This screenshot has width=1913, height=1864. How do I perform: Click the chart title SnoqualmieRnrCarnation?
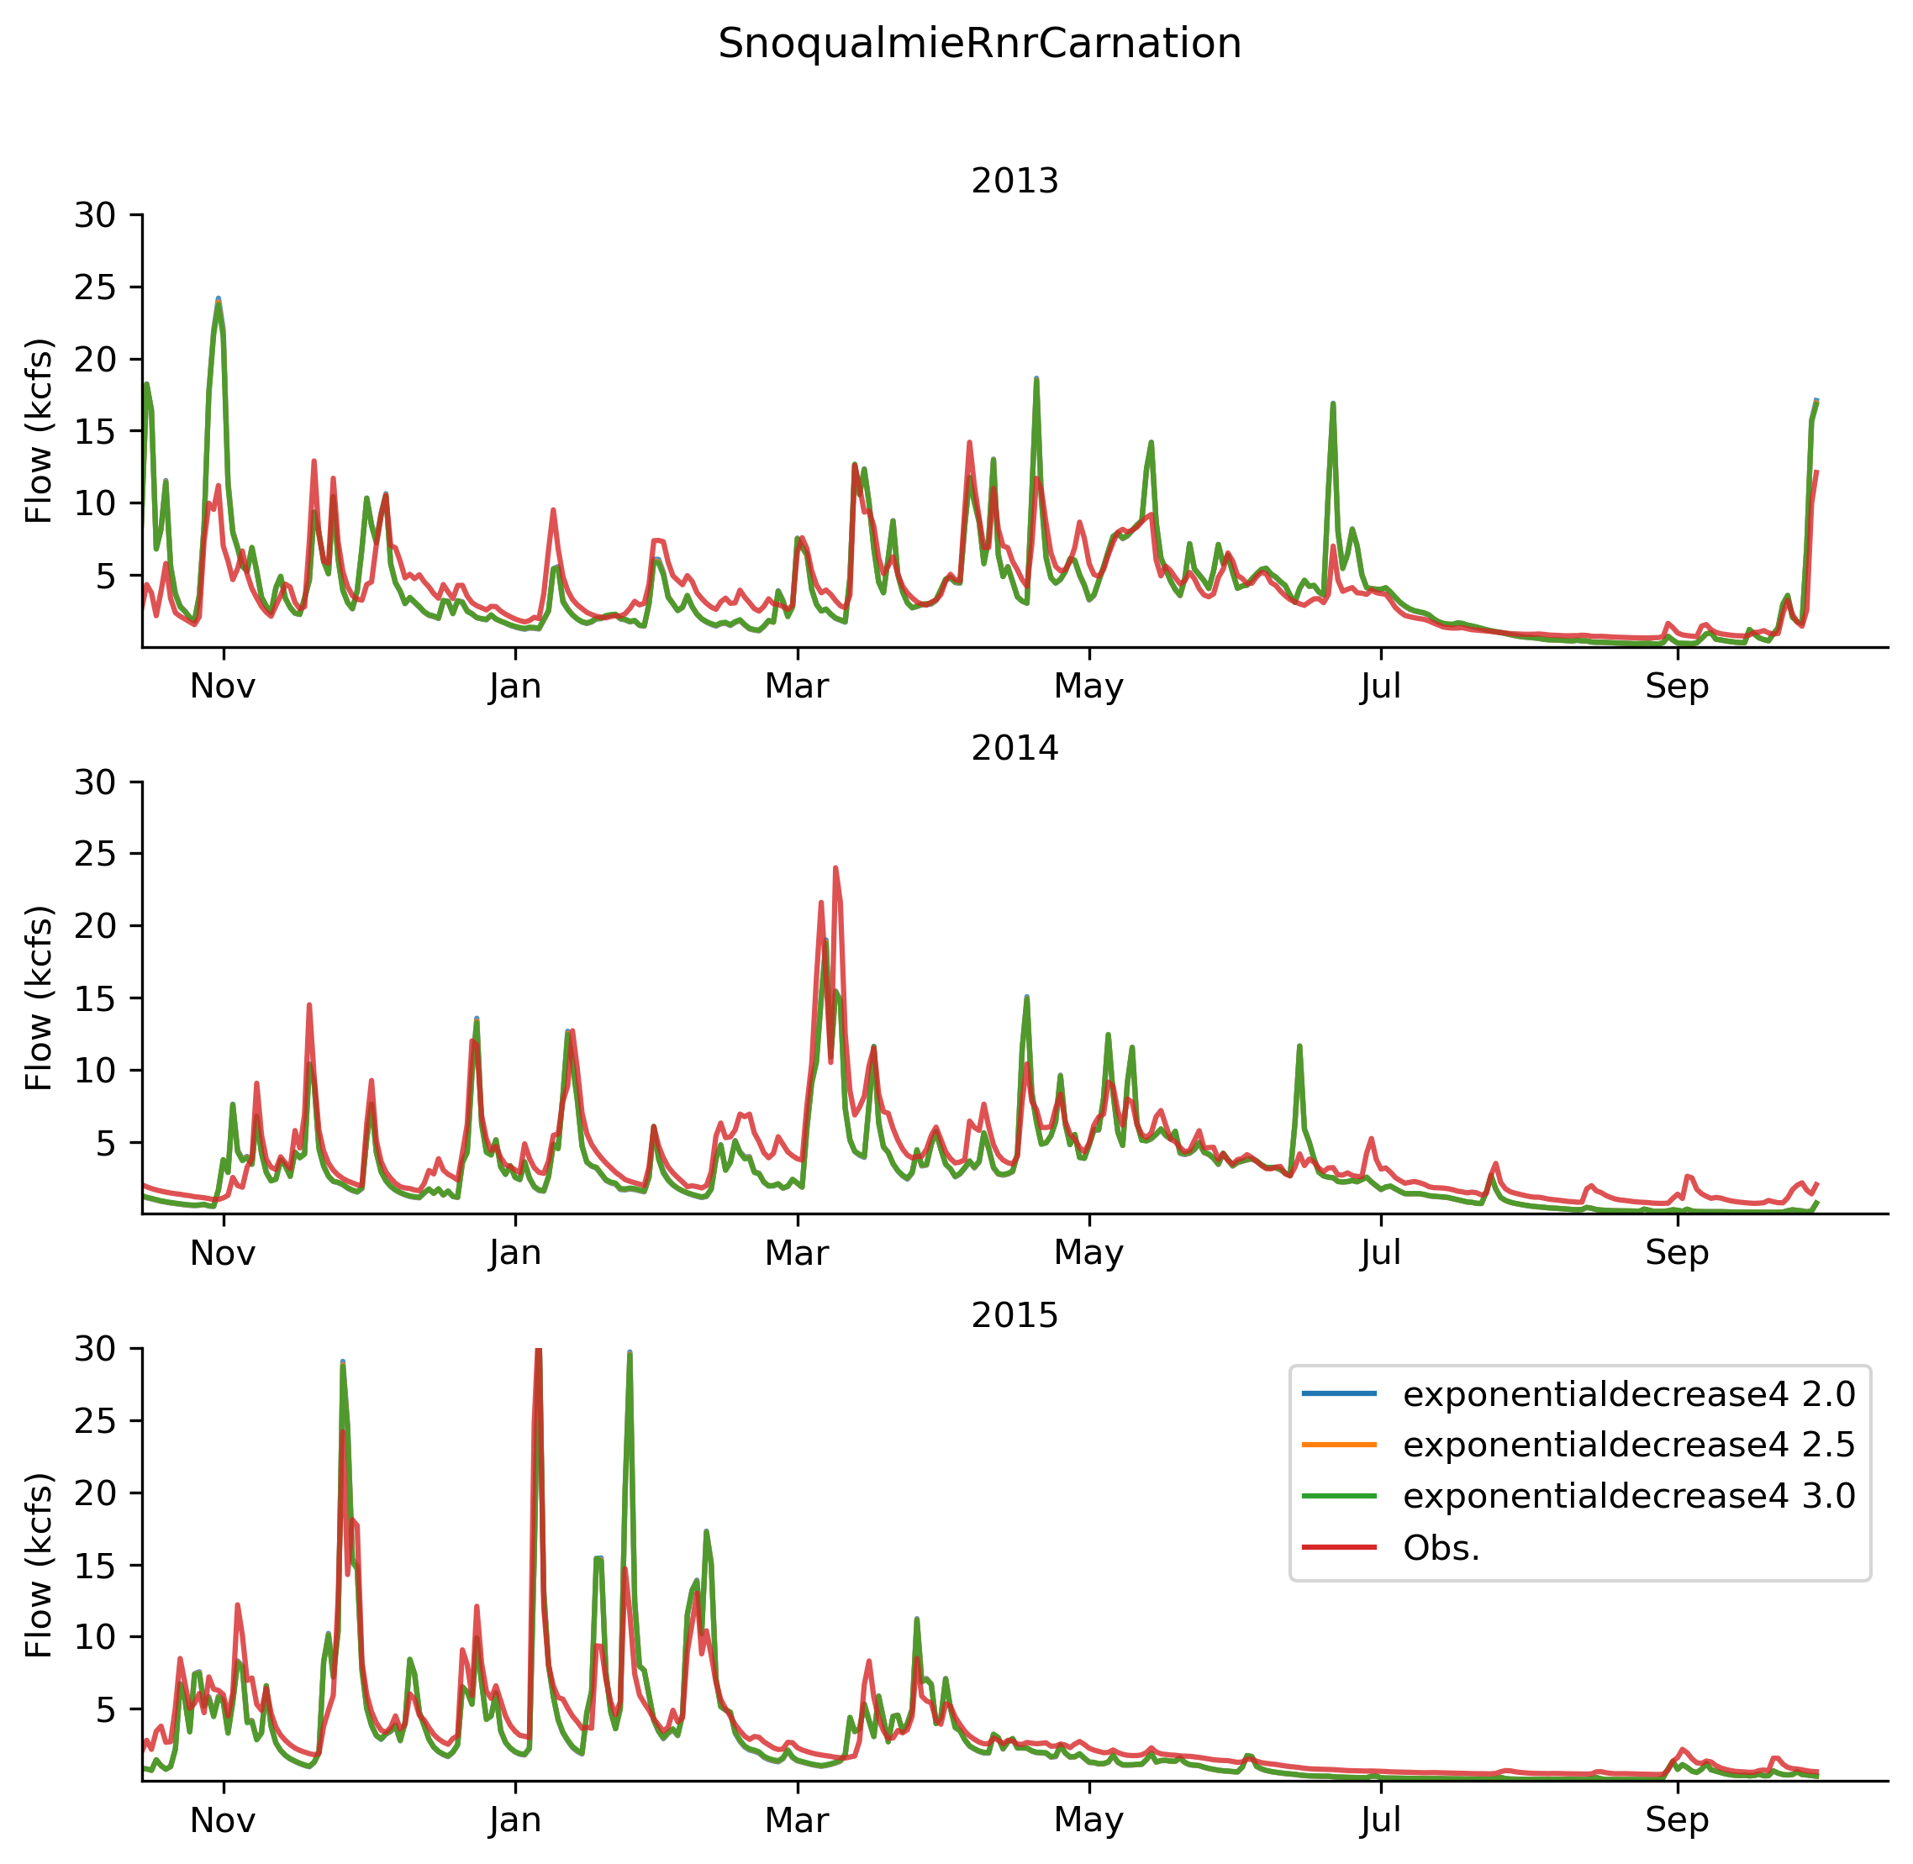(x=979, y=44)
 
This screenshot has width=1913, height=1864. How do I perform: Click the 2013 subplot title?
(x=1014, y=182)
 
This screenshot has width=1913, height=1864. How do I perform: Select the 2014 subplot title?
(x=1014, y=749)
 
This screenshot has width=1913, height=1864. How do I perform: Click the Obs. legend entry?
(x=1441, y=1548)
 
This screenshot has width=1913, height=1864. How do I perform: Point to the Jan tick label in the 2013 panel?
(x=515, y=687)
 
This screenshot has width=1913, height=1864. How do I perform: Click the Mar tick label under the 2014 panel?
(x=797, y=1254)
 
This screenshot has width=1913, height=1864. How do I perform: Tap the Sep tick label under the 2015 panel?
(x=1677, y=1821)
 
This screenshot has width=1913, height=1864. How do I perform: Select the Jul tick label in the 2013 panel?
(x=1380, y=687)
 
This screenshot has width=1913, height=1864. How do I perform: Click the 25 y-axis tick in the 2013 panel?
(x=95, y=287)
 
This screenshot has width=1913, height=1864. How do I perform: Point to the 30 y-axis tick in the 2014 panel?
(x=95, y=782)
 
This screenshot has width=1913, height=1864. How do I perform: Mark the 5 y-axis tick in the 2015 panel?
(x=106, y=1710)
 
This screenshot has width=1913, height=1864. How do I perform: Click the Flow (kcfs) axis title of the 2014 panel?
(x=40, y=998)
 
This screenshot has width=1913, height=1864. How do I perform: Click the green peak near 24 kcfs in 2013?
(x=219, y=302)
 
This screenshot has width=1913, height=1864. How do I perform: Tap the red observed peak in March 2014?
(x=835, y=868)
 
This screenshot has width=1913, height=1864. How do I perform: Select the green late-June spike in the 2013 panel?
(x=1332, y=403)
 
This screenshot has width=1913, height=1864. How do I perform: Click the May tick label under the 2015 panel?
(x=1088, y=1821)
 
